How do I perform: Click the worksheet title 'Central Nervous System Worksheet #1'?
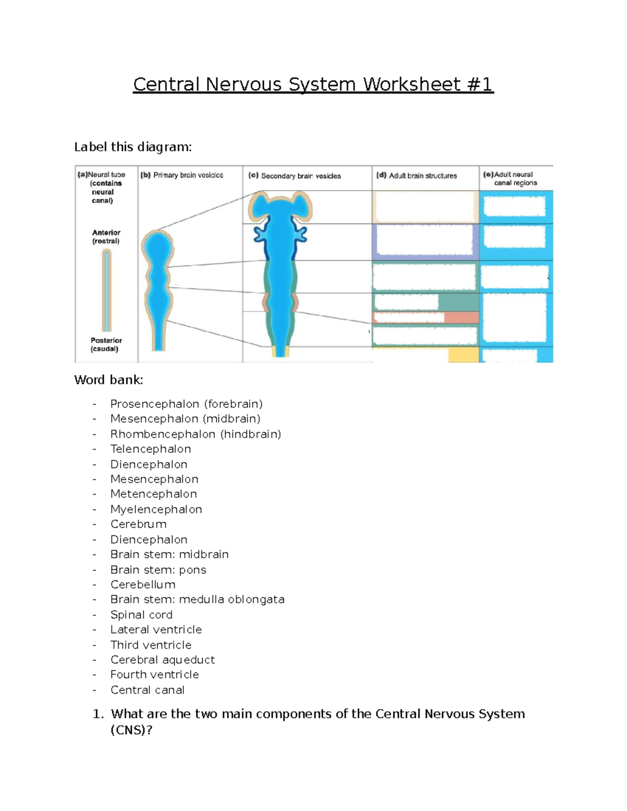(x=313, y=84)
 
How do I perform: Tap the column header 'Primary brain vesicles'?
(x=188, y=175)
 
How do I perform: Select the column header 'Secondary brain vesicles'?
(x=300, y=176)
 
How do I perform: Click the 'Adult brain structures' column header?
(x=422, y=176)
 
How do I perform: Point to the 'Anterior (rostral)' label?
(x=106, y=237)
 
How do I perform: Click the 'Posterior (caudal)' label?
(x=106, y=345)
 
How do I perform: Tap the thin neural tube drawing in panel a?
(x=107, y=290)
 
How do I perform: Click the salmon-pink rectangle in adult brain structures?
(x=461, y=318)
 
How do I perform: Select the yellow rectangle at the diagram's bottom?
(x=463, y=355)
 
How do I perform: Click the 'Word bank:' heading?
(x=109, y=380)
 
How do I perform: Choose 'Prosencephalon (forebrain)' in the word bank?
(x=186, y=404)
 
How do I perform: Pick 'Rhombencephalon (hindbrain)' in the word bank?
(x=195, y=434)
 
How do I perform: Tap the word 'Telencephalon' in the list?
(x=150, y=449)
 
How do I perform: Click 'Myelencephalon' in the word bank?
(x=156, y=509)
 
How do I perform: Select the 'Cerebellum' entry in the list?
(x=143, y=584)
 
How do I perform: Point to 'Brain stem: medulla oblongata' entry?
(x=197, y=600)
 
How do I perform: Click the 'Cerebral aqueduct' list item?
(x=162, y=660)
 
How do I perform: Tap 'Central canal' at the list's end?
(x=147, y=690)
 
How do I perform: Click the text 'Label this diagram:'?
(x=133, y=147)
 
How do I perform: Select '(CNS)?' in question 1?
(x=131, y=730)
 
